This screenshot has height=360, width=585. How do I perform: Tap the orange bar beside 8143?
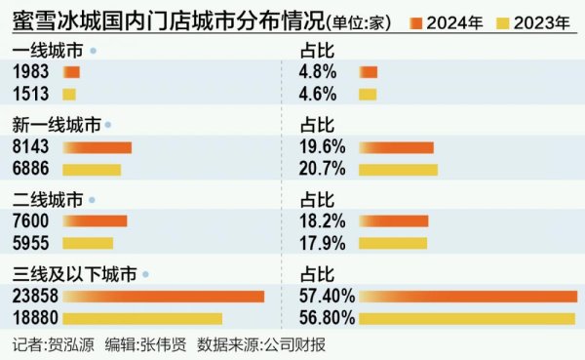pyautogui.click(x=97, y=147)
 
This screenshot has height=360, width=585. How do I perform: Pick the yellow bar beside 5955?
pyautogui.click(x=88, y=243)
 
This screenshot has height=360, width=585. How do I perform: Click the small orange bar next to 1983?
pyautogui.click(x=71, y=72)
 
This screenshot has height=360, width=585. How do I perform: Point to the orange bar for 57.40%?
pyautogui.click(x=468, y=297)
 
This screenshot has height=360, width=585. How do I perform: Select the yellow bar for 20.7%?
pyautogui.click(x=398, y=169)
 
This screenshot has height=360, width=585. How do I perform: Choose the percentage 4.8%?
pyautogui.click(x=321, y=72)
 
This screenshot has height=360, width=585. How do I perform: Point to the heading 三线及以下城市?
pyautogui.click(x=74, y=275)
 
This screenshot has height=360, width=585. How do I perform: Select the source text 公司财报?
pyautogui.click(x=298, y=344)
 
